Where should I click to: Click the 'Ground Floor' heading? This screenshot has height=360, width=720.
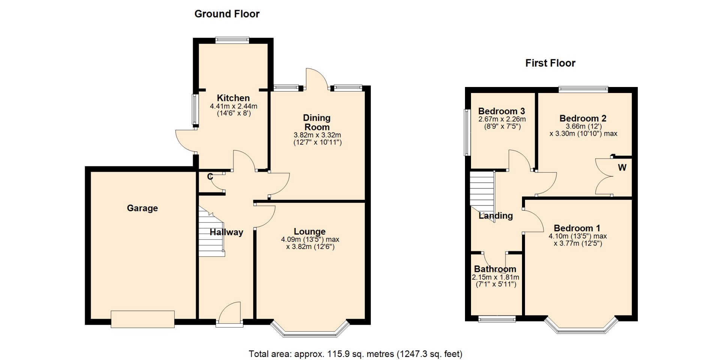pyautogui.click(x=227, y=14)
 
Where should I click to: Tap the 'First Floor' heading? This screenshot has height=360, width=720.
pyautogui.click(x=550, y=63)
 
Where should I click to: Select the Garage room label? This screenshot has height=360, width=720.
pyautogui.click(x=142, y=208)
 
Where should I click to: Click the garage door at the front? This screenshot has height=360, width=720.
pyautogui.click(x=142, y=319)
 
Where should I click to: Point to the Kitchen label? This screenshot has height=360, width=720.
pyautogui.click(x=233, y=98)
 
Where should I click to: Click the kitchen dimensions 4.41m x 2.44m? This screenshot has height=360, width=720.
pyautogui.click(x=234, y=106)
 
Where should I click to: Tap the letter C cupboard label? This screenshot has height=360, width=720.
pyautogui.click(x=210, y=176)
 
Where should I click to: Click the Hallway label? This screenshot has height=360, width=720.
pyautogui.click(x=226, y=232)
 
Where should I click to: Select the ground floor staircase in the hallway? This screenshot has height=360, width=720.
pyautogui.click(x=211, y=232)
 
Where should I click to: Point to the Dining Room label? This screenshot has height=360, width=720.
pyautogui.click(x=317, y=123)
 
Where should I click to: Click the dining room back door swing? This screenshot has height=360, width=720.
pyautogui.click(x=317, y=78)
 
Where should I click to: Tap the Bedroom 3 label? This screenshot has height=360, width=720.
pyautogui.click(x=501, y=111)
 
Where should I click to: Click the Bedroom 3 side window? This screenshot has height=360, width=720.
pyautogui.click(x=467, y=132)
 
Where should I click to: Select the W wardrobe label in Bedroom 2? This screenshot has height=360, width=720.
pyautogui.click(x=622, y=168)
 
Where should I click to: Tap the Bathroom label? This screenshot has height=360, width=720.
pyautogui.click(x=495, y=269)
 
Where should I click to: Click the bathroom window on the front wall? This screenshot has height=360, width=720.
pyautogui.click(x=497, y=319)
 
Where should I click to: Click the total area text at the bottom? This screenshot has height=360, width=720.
pyautogui.click(x=355, y=354)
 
